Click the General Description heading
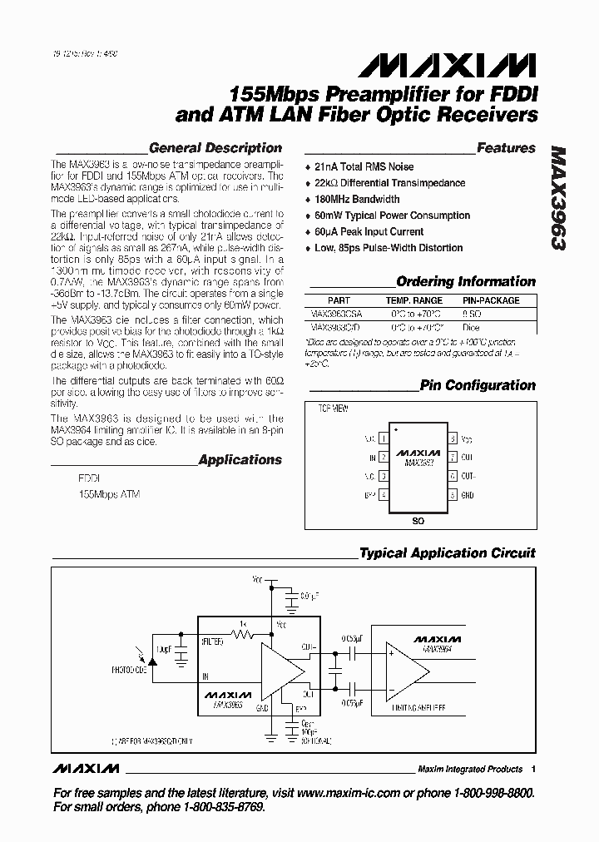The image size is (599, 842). tap(215, 148)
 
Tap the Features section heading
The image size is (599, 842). tap(506, 148)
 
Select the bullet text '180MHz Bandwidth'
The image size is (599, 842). tap(357, 199)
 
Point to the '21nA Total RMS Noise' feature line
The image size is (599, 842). tap(352, 166)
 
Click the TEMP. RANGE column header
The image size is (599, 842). tap(413, 300)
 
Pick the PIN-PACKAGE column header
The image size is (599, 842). tap(490, 300)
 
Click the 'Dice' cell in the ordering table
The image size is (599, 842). tap(471, 329)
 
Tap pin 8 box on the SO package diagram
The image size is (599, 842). tap(453, 438)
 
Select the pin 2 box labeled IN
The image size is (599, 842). tap(382, 457)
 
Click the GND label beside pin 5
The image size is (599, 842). tap(468, 495)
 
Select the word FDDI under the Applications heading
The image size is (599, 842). tap(90, 479)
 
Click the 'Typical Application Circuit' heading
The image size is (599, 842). tap(447, 553)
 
